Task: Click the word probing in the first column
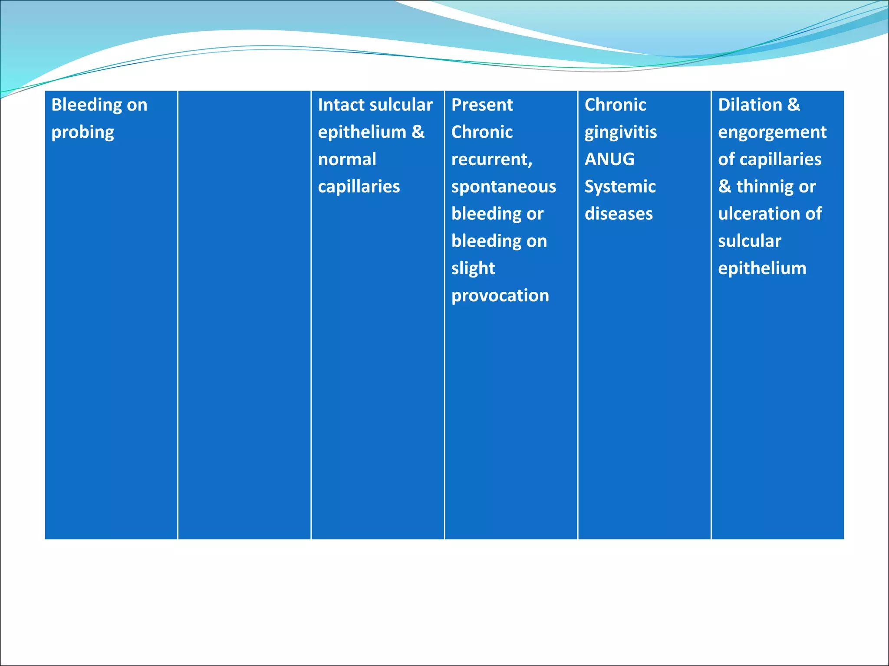pos(82,133)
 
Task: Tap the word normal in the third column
pos(347,159)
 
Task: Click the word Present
pos(482,105)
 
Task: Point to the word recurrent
pos(491,160)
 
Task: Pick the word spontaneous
pos(504,187)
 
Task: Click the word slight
pos(473,268)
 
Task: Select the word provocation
pos(500,296)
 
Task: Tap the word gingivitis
pos(620,133)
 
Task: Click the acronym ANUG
pos(609,159)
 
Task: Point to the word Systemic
pos(620,187)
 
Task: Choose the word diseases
pos(619,214)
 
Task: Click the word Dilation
pos(750,105)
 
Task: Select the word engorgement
pos(772,133)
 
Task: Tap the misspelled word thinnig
pos(766,187)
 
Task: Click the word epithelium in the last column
pos(762,268)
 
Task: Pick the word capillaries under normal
pos(359,187)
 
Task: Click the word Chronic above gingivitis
pos(615,105)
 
